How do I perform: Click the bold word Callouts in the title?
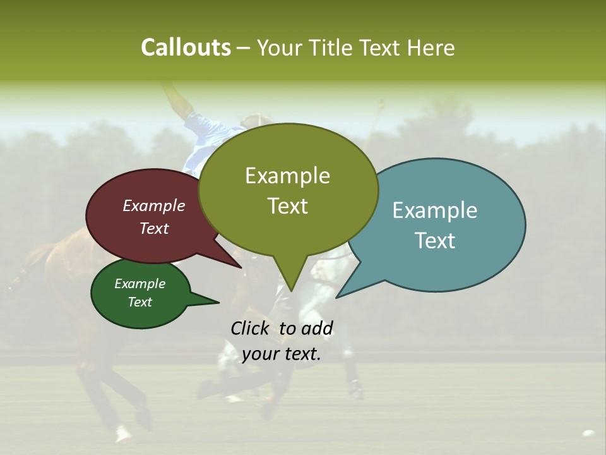(186, 48)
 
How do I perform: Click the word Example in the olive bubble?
(287, 176)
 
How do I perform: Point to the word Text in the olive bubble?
(287, 206)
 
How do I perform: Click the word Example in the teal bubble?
(435, 210)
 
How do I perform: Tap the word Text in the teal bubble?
(435, 241)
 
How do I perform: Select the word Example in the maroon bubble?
(154, 206)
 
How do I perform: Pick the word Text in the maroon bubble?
(154, 229)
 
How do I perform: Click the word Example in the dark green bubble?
(140, 284)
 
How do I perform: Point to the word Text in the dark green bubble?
(140, 302)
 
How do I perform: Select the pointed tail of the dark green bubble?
(208, 301)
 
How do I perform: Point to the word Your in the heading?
(280, 48)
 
